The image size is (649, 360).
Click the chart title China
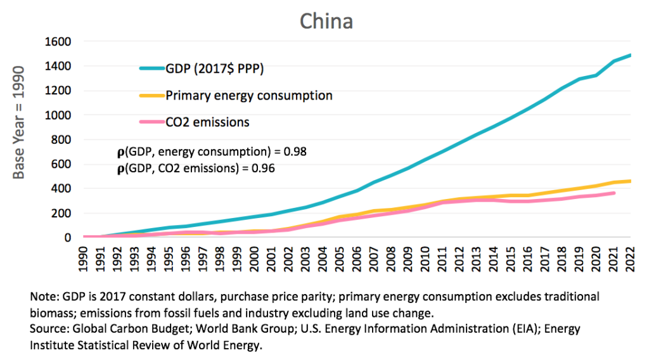click(326, 21)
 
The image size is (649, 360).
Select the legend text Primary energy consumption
click(249, 96)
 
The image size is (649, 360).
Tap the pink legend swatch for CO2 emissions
click(151, 122)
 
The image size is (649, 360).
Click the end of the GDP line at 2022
click(629, 55)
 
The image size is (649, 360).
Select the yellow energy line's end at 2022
click(629, 181)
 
